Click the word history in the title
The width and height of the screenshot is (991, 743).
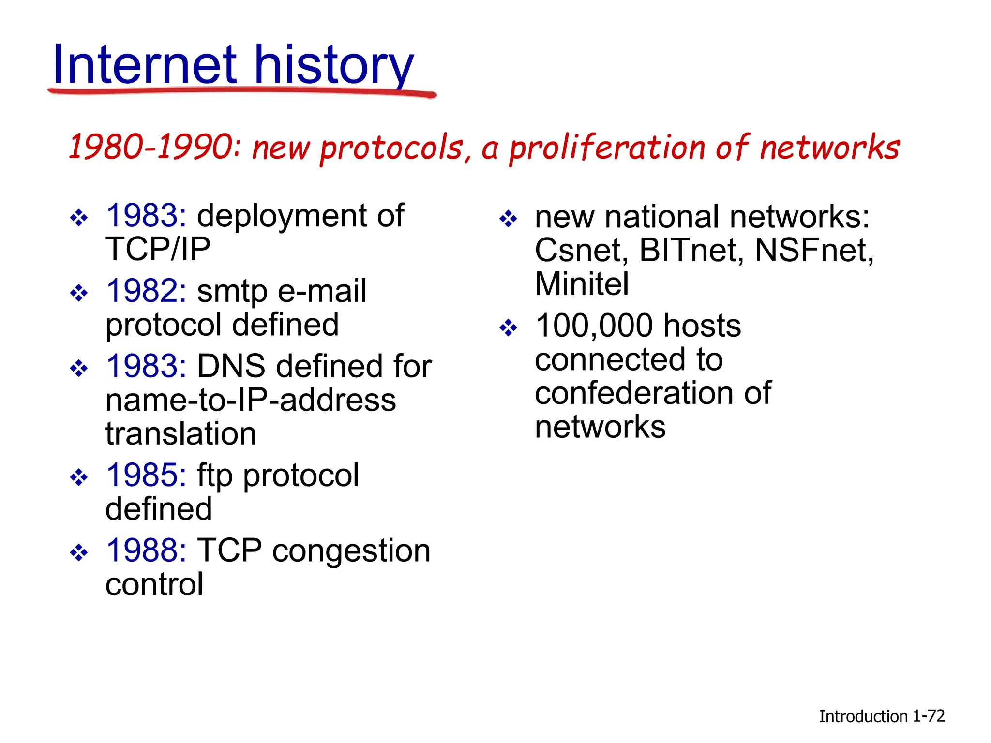click(334, 65)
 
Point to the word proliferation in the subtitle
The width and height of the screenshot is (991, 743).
click(607, 148)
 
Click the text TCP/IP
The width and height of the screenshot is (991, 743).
click(158, 250)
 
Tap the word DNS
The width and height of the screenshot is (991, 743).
click(231, 366)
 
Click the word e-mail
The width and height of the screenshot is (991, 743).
click(322, 291)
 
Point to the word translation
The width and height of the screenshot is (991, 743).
click(180, 434)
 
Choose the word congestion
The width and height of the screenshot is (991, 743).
click(351, 551)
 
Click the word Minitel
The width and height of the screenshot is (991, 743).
click(582, 284)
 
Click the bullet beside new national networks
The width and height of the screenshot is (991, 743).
click(508, 219)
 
